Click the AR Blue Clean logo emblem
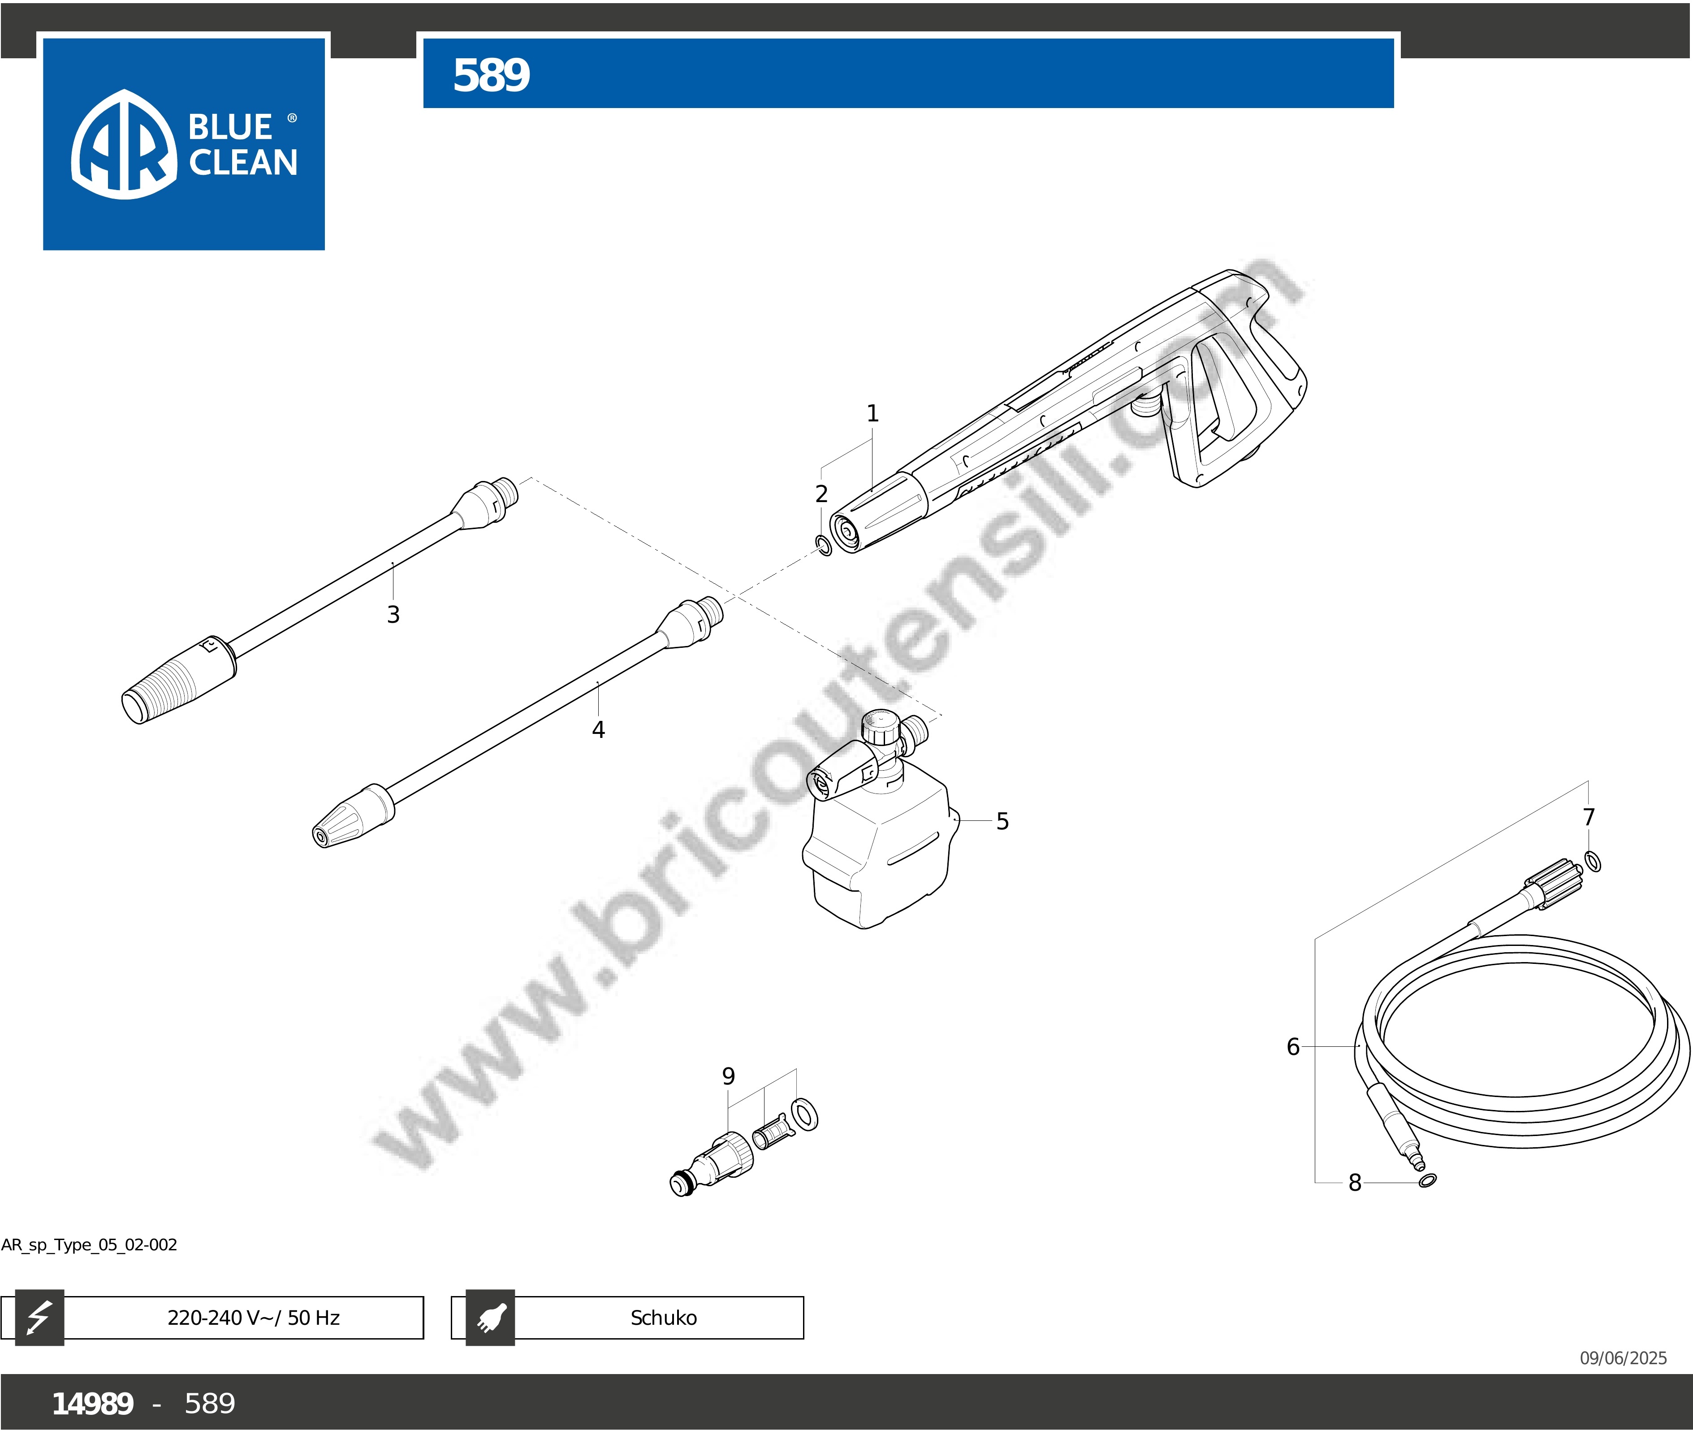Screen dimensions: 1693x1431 pos(124,144)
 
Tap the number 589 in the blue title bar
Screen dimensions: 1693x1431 pos(491,75)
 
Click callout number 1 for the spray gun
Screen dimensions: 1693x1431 pos(872,414)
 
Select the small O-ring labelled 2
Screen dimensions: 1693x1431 pos(823,546)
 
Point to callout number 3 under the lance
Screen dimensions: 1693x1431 pos(393,614)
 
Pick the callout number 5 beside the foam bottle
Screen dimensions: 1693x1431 pos(1003,822)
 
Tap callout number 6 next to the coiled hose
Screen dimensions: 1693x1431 pos(1293,1046)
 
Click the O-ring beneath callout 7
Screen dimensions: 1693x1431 pos(1593,861)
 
